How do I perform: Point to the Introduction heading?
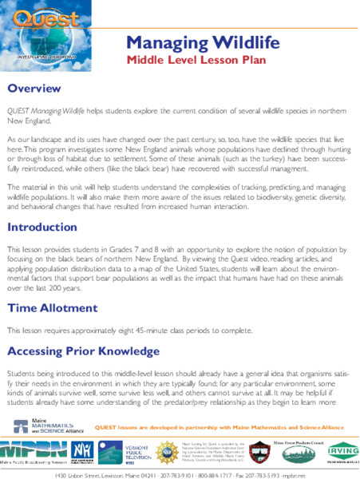[x=47, y=228]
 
